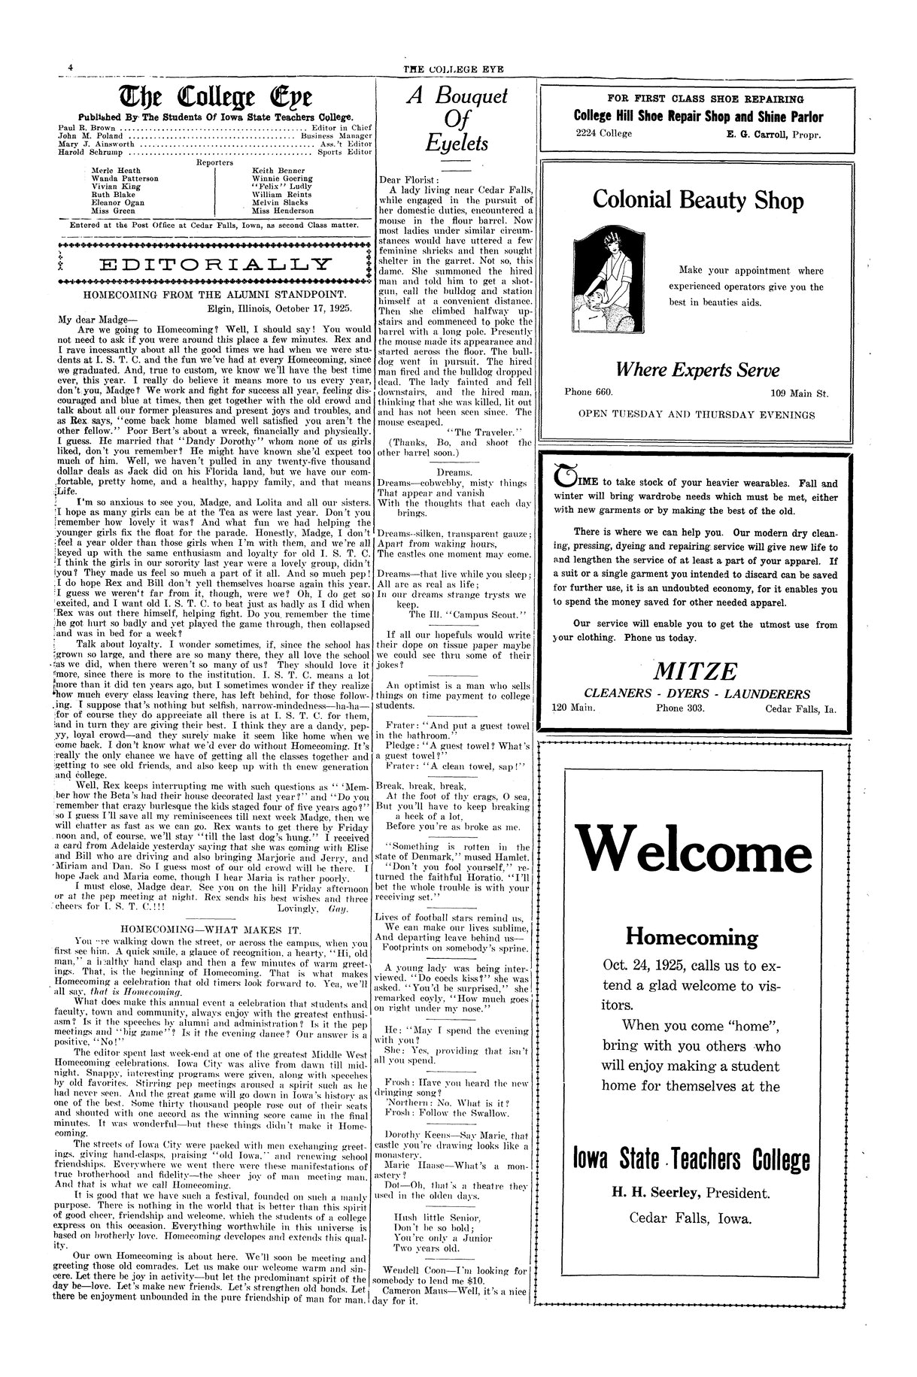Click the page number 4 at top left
[x=69, y=67]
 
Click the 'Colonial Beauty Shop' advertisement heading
[x=697, y=200]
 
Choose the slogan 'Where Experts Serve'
[x=697, y=370]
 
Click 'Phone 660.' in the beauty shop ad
[x=588, y=392]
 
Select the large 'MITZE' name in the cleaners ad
[x=696, y=671]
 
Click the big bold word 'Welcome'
[x=695, y=848]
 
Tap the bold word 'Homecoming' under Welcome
[x=691, y=937]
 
